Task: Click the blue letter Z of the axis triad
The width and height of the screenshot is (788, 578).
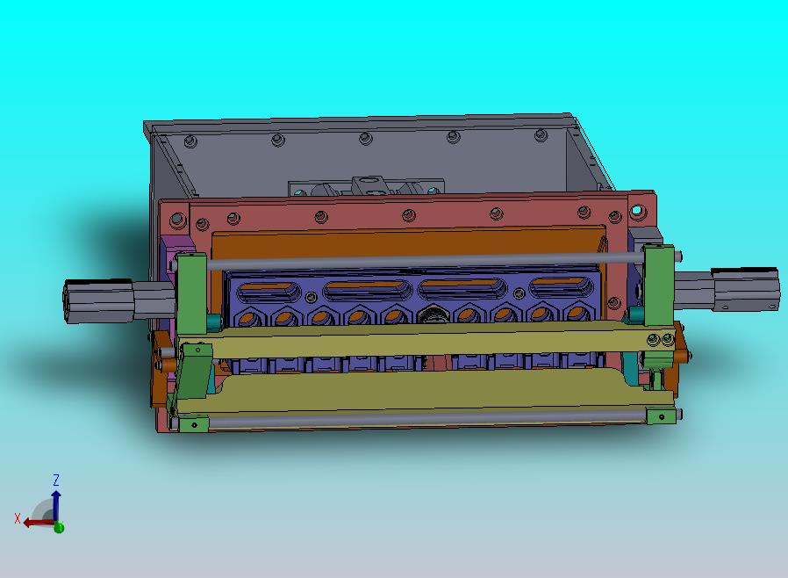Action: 56,480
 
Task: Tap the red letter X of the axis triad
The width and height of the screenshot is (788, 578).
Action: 18,518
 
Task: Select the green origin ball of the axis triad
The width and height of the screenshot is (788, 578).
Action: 59,527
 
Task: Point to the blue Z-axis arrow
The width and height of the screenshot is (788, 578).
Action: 56,506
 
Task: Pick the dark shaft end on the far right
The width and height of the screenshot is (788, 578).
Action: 745,289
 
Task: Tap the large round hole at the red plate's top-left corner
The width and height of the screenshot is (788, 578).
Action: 177,220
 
